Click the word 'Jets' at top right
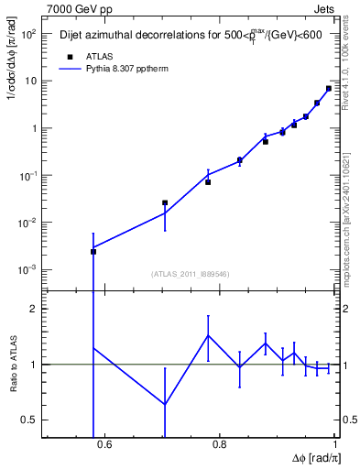point(322,9)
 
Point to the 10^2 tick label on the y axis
point(27,34)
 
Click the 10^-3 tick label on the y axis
point(27,270)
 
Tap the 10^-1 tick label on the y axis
point(27,175)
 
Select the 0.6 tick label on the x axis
point(104,445)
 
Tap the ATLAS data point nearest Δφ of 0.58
point(93,251)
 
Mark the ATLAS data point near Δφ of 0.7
point(165,202)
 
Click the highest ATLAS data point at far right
point(329,89)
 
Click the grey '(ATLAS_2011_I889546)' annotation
point(190,273)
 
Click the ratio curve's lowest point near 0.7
point(165,404)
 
